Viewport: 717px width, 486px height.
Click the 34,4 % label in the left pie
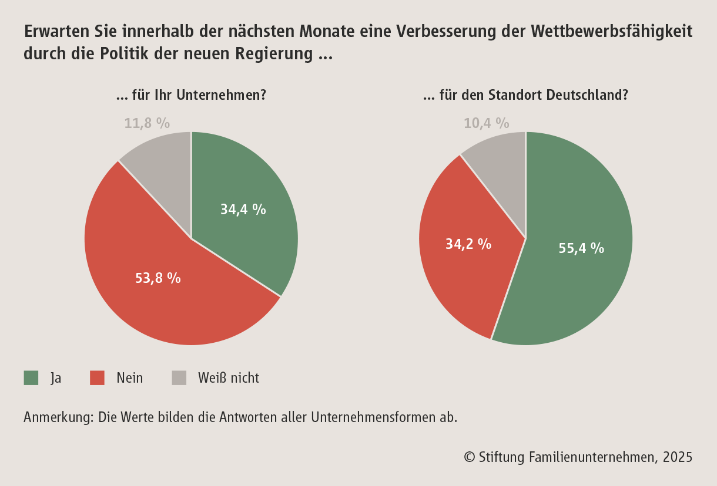pos(243,209)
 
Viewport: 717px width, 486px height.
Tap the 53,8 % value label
pos(158,278)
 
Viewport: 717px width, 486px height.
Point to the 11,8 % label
pos(147,123)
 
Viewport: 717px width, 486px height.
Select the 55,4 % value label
pos(581,248)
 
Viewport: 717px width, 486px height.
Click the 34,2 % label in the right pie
pos(468,244)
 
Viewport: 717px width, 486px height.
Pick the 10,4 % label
pos(486,123)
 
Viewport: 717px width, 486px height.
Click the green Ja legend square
pos(31,378)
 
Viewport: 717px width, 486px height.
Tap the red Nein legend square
pos(97,378)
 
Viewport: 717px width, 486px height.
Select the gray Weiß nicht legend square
pos(179,378)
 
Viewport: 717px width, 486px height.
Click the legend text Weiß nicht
pos(229,378)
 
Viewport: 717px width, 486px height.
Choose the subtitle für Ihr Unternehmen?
pos(191,95)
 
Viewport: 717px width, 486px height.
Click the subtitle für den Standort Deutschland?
pos(525,95)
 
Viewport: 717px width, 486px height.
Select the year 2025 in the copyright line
pos(678,457)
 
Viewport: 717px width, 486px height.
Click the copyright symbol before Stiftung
pos(469,457)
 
